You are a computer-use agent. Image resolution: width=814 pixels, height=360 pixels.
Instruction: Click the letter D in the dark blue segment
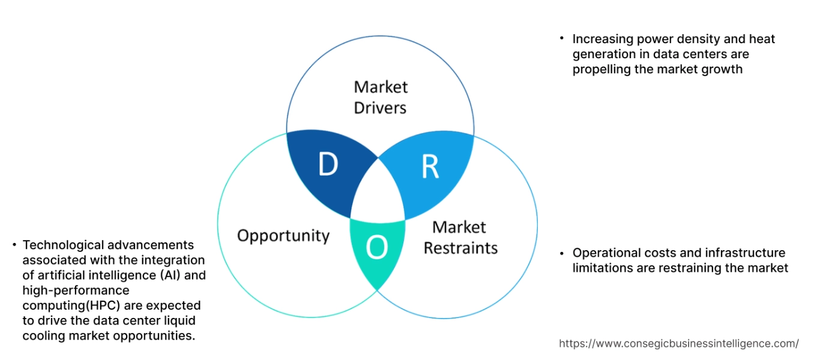tap(327, 165)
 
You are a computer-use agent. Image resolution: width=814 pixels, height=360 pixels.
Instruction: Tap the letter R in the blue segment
tap(430, 167)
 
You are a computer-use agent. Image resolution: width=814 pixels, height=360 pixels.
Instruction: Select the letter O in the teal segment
tap(376, 248)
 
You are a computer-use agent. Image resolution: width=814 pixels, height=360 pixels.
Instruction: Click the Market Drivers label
tap(380, 97)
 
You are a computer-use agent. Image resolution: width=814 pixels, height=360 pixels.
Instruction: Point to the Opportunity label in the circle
tap(283, 235)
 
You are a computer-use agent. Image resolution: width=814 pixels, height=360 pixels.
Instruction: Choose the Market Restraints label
tap(460, 238)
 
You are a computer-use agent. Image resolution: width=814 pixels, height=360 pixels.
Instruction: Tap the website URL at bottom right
tap(678, 344)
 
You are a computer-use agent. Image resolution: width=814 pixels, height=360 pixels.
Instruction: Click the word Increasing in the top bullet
tap(601, 39)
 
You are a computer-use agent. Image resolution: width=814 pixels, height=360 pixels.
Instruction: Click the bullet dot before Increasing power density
tap(562, 38)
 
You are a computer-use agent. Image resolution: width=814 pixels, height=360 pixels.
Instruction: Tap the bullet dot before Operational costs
tap(562, 252)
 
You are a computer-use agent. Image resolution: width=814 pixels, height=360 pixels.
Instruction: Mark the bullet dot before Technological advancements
tap(14, 244)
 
